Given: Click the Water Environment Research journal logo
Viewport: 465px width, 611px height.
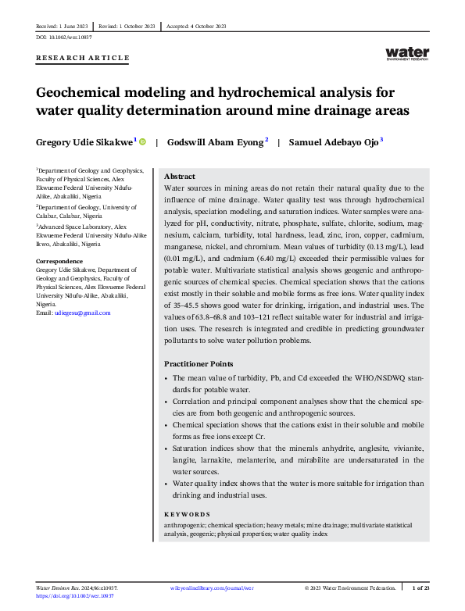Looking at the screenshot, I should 407,53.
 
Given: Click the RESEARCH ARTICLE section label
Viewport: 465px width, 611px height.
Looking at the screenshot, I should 83,59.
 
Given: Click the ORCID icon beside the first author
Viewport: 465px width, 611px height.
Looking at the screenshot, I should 143,141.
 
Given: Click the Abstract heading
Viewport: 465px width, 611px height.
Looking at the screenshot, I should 179,177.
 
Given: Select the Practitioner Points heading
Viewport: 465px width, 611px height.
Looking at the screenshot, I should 199,364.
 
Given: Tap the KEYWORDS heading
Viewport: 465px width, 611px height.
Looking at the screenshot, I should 187,514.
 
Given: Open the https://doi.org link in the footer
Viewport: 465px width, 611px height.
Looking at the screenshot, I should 74,595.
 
